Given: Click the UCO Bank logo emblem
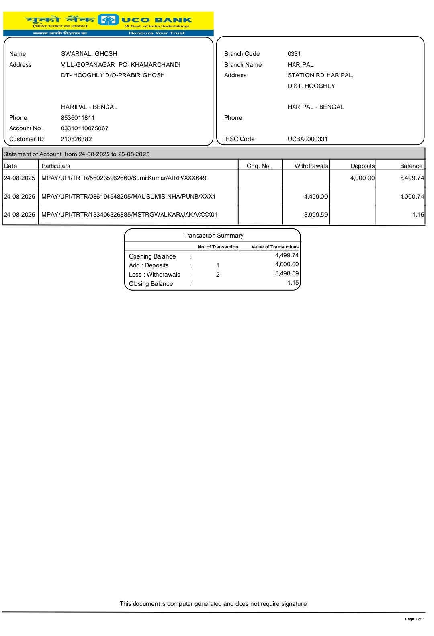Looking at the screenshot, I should [x=108, y=20].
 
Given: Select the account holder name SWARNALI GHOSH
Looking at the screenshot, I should [x=89, y=54].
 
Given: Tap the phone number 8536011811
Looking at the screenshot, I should [x=78, y=118].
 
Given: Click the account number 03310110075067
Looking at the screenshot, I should [x=85, y=128].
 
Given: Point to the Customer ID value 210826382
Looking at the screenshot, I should [x=76, y=139].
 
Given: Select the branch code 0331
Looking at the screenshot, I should [x=294, y=54].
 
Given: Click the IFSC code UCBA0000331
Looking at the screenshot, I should [x=308, y=139].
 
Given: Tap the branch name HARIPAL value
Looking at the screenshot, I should [x=301, y=65].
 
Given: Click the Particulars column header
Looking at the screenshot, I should [x=56, y=166].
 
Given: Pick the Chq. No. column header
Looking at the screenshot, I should [x=259, y=166].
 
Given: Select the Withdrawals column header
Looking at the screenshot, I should [x=311, y=166].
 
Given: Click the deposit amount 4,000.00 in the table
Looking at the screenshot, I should [x=362, y=178].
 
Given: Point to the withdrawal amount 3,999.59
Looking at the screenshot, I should [x=316, y=215].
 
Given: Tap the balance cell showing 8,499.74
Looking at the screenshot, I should [x=412, y=178].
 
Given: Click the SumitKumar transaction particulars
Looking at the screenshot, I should [x=124, y=178].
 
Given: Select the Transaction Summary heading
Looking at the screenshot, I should [x=213, y=236].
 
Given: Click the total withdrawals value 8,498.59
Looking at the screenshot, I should [x=287, y=273].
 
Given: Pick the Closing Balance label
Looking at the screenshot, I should [x=151, y=284].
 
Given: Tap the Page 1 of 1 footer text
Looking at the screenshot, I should [x=415, y=619].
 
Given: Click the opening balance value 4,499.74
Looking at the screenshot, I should [x=287, y=255].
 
